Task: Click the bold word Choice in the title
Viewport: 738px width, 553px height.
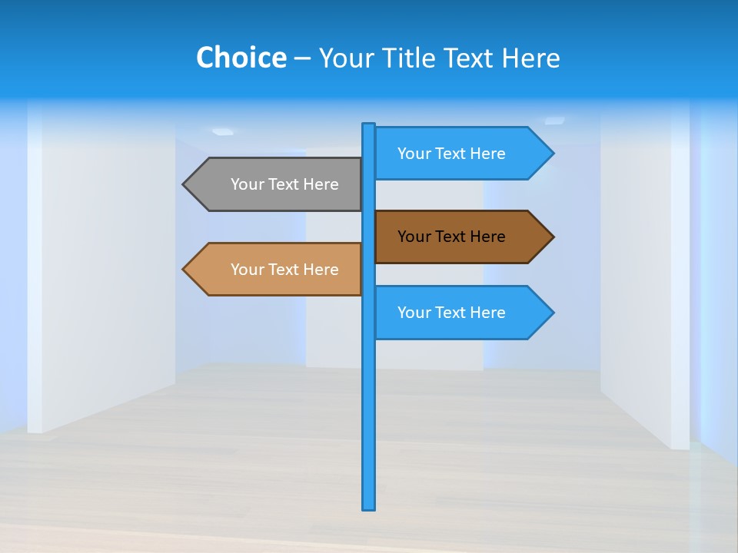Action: [x=241, y=58]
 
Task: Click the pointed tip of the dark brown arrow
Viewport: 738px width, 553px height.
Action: [x=552, y=237]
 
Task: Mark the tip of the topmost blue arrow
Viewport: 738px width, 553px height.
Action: [x=552, y=154]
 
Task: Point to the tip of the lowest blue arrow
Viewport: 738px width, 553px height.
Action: [x=552, y=313]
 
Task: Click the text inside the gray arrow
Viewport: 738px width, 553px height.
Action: [x=284, y=184]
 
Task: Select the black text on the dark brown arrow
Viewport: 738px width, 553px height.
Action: [x=451, y=237]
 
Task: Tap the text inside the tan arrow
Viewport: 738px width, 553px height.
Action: [x=284, y=270]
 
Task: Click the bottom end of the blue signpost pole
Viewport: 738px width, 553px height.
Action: [x=369, y=507]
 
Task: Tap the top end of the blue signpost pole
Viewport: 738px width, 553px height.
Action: [x=369, y=126]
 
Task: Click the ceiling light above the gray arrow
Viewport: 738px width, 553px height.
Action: [x=223, y=132]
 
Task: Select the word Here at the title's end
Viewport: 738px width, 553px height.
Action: [x=531, y=58]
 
